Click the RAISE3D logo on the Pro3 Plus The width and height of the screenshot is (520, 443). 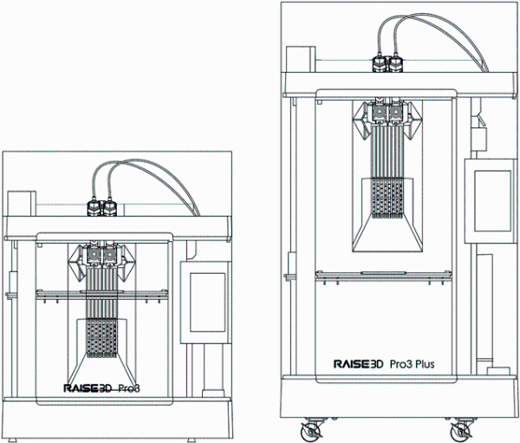pos(359,364)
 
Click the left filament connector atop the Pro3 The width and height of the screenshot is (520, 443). pos(93,208)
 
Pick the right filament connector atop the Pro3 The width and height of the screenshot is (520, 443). pos(109,208)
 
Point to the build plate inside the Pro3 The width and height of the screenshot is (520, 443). pos(100,296)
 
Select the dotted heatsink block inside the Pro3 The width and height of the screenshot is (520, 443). pos(100,338)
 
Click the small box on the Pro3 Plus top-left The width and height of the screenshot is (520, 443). pos(301,61)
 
